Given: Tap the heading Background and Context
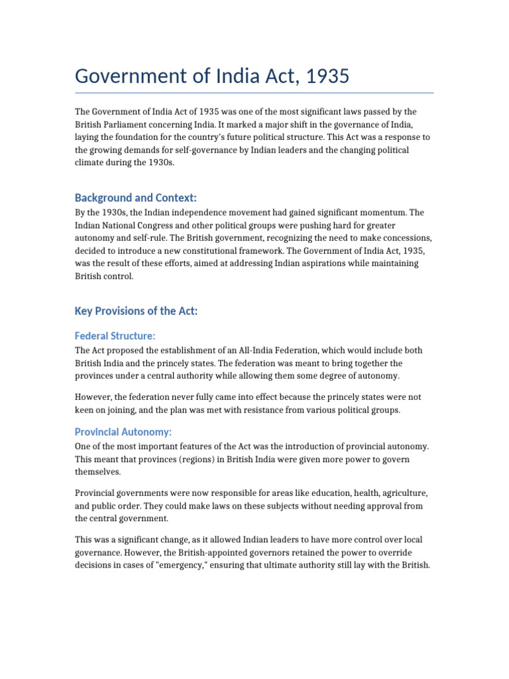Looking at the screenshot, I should point(136,198).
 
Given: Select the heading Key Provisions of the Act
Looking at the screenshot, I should point(136,311).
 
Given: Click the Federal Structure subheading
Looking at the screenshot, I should point(115,336).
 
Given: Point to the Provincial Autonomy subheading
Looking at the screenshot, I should point(123,432).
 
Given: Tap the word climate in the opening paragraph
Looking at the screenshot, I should point(91,162).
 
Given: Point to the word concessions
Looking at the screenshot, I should point(409,238).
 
